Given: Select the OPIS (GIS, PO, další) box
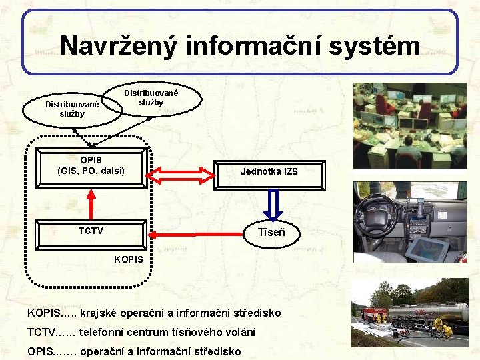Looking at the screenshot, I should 91,166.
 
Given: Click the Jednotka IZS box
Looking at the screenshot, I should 269,172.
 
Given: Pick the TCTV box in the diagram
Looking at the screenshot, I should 91,231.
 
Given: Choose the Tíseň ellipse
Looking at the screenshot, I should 271,233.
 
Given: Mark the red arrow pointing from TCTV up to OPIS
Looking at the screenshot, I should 91,203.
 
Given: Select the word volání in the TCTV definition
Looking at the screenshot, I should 237,332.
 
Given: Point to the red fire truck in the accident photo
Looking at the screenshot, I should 373,315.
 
